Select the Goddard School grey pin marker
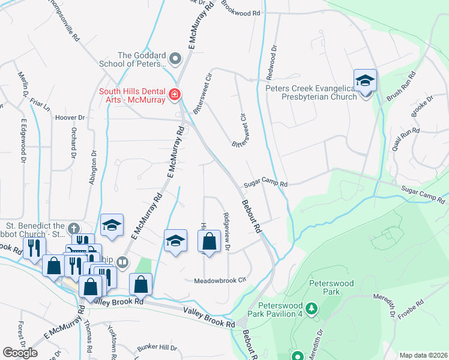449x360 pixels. pos(175,59)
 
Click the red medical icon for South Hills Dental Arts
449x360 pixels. pos(174,95)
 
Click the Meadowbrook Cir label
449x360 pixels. pos(220,280)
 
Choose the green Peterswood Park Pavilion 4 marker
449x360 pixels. pos(311,308)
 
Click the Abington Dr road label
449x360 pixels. pos(93,165)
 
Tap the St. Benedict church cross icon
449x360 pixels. pos(73,228)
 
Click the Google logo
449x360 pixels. pos(20,353)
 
